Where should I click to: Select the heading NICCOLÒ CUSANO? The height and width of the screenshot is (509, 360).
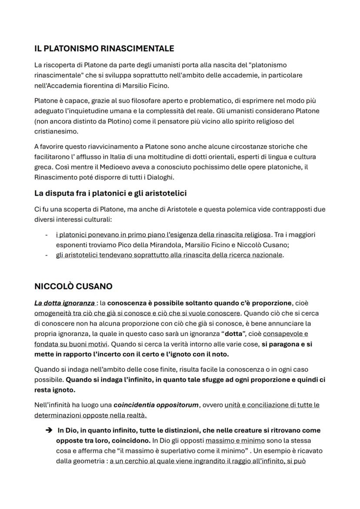73,286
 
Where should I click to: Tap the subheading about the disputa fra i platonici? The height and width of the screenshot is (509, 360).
110,193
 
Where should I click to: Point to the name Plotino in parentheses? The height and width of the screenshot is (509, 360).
115,121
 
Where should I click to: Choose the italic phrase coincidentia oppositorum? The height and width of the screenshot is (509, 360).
156,405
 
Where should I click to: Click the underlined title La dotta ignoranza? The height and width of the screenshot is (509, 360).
64,303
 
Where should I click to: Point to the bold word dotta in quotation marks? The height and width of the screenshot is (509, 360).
233,334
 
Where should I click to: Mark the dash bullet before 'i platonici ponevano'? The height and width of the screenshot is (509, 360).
47,235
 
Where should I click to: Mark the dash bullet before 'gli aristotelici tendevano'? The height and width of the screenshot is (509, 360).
47,255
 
